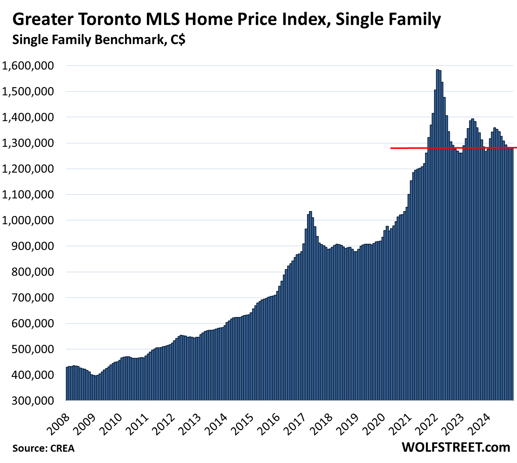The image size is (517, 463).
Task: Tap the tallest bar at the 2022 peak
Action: point(438,234)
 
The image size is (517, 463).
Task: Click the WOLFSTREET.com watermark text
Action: point(456,447)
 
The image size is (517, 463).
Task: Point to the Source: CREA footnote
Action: point(43,448)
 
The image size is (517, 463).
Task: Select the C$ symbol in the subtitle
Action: point(177,40)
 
